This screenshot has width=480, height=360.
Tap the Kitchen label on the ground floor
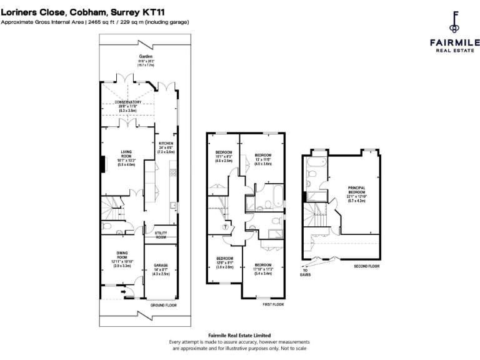click(x=166, y=144)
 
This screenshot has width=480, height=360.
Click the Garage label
click(x=161, y=266)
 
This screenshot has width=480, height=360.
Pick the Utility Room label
click(x=161, y=235)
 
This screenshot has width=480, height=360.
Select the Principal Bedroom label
click(x=357, y=187)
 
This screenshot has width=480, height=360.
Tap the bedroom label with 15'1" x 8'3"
click(x=224, y=153)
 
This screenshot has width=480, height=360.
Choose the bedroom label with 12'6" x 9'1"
click(x=224, y=259)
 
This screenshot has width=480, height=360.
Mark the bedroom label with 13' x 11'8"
click(x=262, y=155)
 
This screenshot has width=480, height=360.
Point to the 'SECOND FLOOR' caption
click(x=367, y=266)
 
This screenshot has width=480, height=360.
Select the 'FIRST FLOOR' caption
click(x=273, y=304)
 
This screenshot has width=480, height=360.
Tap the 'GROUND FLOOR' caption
click(x=163, y=306)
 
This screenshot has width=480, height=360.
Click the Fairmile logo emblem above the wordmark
click(x=454, y=23)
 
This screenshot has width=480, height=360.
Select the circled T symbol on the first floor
click(x=224, y=227)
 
